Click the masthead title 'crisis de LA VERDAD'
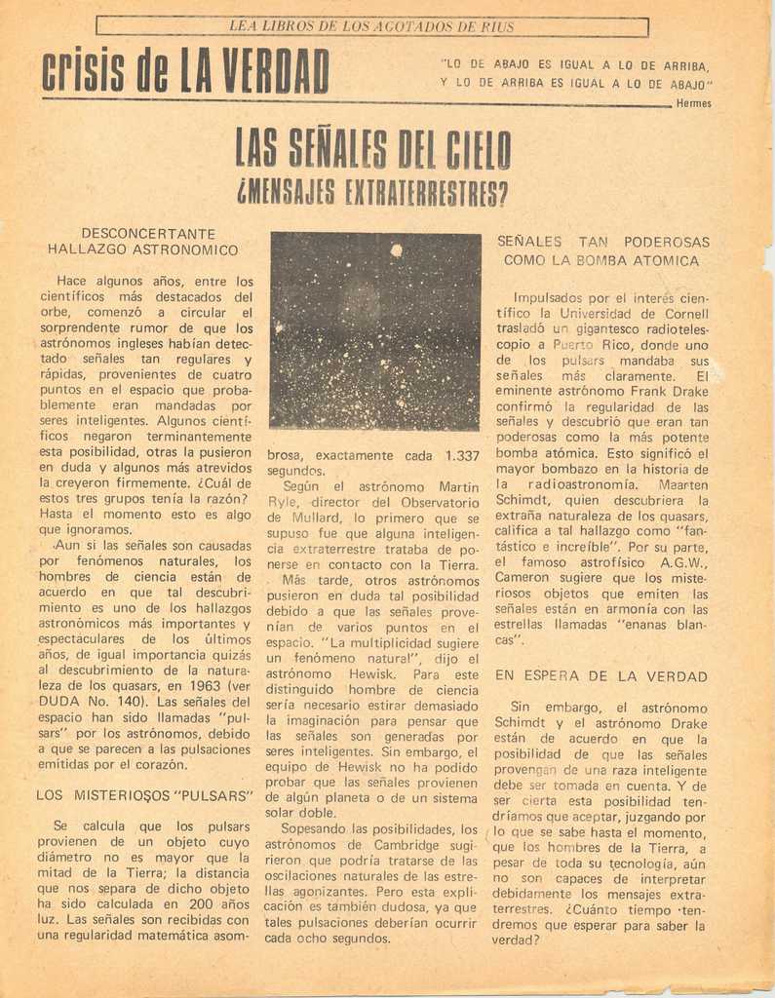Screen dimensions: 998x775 click(185, 72)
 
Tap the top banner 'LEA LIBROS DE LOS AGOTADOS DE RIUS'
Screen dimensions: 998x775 click(371, 26)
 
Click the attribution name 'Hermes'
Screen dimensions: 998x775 click(693, 103)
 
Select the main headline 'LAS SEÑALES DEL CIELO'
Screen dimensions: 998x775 click(373, 152)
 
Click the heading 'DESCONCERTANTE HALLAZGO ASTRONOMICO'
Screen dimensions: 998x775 click(147, 242)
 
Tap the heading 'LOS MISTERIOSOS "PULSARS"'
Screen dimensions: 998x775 click(144, 795)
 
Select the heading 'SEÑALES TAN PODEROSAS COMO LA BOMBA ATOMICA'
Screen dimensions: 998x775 click(602, 251)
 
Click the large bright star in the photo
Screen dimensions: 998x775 click(396, 250)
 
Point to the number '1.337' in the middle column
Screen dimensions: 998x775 click(461, 456)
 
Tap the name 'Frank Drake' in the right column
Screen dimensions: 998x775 click(669, 391)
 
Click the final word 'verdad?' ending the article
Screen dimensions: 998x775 click(516, 940)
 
